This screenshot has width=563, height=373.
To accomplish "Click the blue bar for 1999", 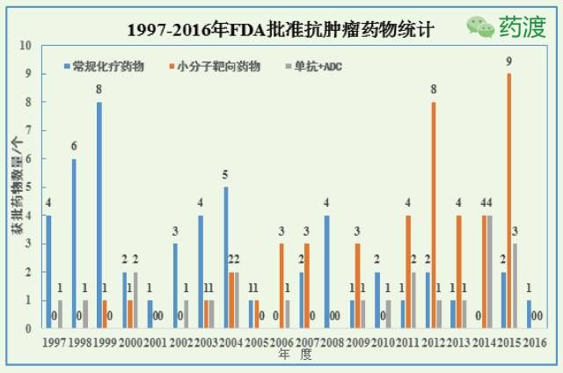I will (99, 215).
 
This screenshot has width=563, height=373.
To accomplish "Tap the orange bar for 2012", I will (433, 215).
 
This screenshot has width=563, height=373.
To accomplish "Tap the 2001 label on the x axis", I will (156, 341).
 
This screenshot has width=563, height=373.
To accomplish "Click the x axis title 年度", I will (296, 355).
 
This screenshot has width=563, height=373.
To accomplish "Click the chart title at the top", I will (280, 29).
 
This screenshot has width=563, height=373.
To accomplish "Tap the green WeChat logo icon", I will (481, 26).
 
